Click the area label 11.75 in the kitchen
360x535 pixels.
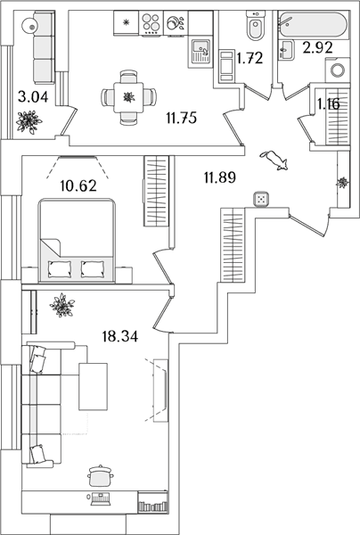coord(182,118)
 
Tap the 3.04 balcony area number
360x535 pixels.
coord(33,97)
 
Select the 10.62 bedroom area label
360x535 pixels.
coord(78,185)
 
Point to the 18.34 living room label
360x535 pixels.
coord(120,336)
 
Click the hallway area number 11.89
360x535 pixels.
coord(220,177)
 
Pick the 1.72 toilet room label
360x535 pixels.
coord(250,58)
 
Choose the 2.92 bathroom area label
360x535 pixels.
coord(318,48)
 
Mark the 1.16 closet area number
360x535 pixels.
coord(329,104)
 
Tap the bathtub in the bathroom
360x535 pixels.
coord(313,24)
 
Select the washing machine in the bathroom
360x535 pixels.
coord(338,70)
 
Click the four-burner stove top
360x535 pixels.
coord(151,22)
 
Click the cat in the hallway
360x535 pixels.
coord(274,160)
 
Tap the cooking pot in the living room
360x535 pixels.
coord(100,475)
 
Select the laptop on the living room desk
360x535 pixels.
coord(100,498)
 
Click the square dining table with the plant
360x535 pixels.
coord(129,97)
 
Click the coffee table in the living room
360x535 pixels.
coord(93,386)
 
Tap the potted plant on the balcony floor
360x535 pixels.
coord(29,122)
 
